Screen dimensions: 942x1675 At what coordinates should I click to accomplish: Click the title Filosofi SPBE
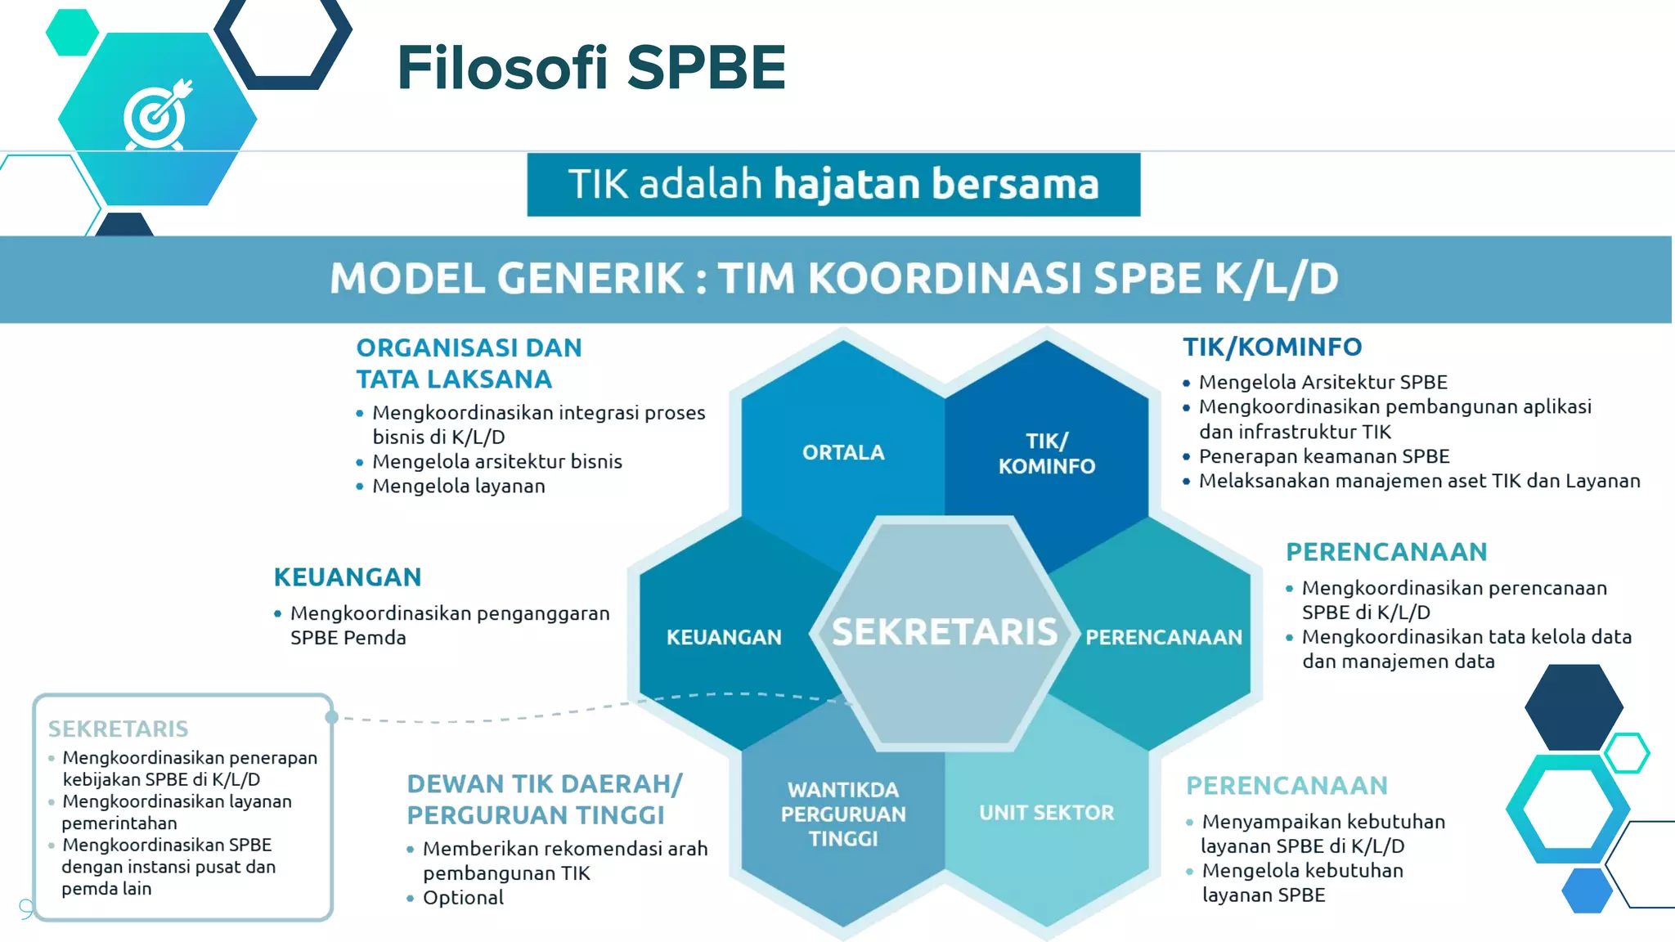click(591, 68)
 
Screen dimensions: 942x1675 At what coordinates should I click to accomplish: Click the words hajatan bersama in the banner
click(936, 183)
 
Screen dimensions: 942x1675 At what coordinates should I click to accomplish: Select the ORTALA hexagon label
click(843, 452)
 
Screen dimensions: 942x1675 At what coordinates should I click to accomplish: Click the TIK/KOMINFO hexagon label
click(1046, 453)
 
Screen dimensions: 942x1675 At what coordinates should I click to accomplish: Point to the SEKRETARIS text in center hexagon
click(945, 632)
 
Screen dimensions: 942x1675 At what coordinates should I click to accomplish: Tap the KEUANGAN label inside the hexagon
click(724, 637)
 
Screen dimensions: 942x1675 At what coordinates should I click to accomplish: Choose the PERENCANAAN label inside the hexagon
click(1163, 637)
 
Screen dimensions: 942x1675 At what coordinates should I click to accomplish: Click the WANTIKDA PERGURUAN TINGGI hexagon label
click(843, 814)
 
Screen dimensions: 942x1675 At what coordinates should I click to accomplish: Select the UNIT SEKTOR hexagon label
click(1046, 813)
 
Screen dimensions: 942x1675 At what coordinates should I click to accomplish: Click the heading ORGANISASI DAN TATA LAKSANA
click(469, 363)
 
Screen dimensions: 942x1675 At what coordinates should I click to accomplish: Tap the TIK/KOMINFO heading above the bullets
click(1272, 347)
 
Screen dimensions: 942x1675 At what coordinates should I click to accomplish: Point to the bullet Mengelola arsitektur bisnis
click(496, 462)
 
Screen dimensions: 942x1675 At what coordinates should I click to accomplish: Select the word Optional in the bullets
click(463, 898)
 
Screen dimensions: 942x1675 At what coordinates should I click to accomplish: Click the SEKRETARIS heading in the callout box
click(118, 729)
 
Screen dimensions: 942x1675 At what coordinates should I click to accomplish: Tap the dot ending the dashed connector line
click(331, 717)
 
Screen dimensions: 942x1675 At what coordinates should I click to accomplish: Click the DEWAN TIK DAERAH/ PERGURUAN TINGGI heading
click(544, 799)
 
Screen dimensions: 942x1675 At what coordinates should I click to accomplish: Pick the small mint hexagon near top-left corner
click(72, 33)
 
